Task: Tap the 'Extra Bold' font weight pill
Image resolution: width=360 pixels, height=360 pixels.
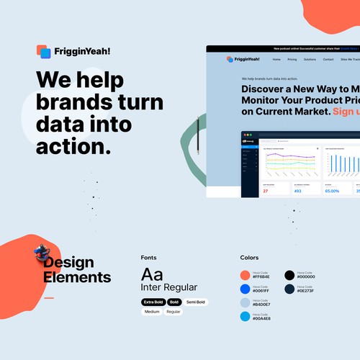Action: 153,302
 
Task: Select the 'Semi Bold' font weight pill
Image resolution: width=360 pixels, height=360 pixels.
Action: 194,302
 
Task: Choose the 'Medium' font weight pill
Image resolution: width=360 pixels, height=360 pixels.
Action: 152,312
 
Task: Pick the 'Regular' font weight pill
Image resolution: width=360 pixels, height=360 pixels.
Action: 174,312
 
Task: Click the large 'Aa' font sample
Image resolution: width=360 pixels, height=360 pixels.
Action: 152,274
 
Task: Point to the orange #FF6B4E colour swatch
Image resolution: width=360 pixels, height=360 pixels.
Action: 245,275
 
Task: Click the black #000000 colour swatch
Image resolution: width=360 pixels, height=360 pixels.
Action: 289,275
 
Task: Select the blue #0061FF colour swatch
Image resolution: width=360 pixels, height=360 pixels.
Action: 245,289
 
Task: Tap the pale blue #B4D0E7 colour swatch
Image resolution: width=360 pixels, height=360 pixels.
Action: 245,302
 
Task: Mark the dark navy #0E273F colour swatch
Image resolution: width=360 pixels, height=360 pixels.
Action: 289,289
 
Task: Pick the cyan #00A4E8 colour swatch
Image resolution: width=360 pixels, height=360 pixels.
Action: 245,317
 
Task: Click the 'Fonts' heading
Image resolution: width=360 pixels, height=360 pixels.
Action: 148,257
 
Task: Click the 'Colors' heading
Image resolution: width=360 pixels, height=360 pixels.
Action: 249,257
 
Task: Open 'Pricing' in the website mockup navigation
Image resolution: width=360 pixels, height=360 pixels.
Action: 292,59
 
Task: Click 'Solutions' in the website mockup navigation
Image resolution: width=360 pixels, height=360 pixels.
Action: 310,59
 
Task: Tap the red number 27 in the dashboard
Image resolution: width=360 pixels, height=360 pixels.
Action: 265,191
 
